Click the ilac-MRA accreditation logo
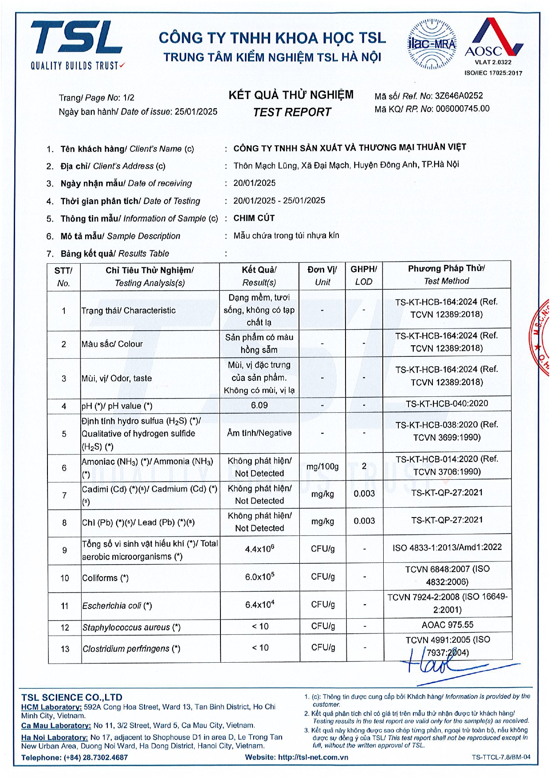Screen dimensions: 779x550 pos(432,44)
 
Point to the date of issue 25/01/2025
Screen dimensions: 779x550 pos(196,111)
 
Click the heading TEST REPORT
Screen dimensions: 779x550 pos(292,112)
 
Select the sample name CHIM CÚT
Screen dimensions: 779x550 pos(254,218)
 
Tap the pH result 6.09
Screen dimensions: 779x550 pos(259,405)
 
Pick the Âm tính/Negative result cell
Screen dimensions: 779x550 pos(259,433)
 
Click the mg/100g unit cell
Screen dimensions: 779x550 pos(322,467)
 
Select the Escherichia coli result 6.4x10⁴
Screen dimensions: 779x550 pos(259,604)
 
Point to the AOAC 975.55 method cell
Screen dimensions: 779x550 pos(447,625)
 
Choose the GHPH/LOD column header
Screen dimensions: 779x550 pos(364,275)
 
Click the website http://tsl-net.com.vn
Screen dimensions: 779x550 pos(313,757)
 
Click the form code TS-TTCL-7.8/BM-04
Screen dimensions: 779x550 pos(501,757)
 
